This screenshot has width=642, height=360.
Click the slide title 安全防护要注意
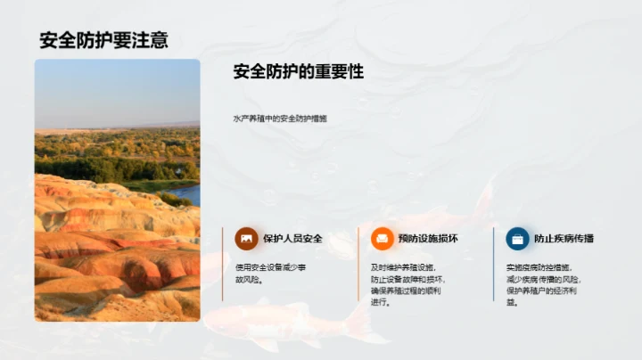tap(104, 40)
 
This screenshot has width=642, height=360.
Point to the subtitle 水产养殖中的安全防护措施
tap(279, 118)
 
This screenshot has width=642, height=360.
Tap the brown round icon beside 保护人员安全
tap(246, 239)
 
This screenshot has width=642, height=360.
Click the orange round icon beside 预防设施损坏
tap(382, 239)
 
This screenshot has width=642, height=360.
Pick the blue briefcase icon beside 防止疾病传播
tap(517, 239)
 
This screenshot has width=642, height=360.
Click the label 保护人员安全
tap(292, 239)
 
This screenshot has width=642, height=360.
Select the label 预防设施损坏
tap(428, 239)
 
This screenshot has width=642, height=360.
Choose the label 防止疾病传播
tap(564, 239)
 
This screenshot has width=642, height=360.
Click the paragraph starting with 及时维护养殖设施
tap(403, 283)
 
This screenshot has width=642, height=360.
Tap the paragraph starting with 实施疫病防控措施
tap(539, 283)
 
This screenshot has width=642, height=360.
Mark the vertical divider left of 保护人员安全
tap(223, 263)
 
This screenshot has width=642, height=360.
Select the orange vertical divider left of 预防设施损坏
tap(358, 263)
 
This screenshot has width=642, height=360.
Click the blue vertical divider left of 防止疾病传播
tap(494, 263)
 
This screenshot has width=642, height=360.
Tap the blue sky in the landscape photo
tap(116, 89)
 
